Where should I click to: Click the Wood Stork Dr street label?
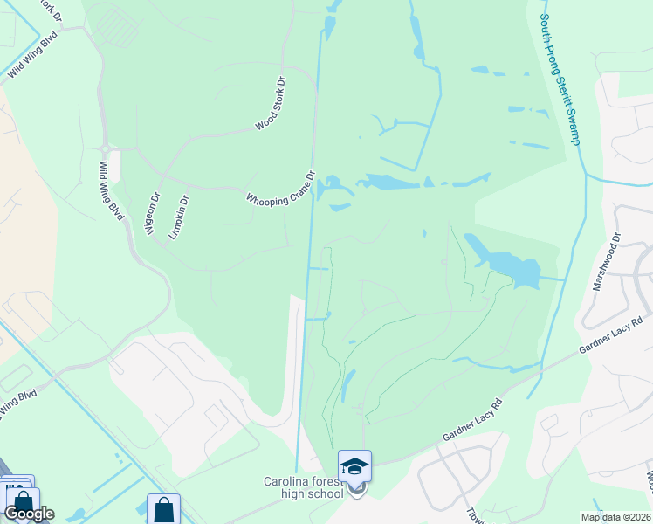272,104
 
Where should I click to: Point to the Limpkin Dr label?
178,217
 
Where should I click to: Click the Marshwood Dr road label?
606,263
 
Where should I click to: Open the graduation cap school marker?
355,465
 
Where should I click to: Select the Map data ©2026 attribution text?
615,517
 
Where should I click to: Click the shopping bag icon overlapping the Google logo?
23,502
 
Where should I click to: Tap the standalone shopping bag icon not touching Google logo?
163,508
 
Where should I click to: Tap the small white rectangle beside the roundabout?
113,166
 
